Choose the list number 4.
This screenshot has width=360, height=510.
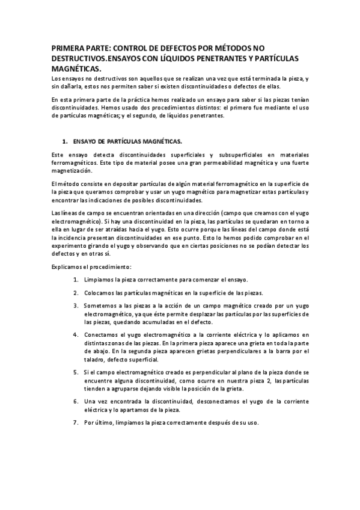[x=76, y=335]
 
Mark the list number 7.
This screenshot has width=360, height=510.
[x=76, y=422]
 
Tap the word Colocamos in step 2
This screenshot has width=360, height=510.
[x=100, y=293]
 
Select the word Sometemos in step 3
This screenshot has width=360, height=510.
[x=102, y=306]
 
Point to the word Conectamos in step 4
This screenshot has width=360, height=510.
[x=103, y=335]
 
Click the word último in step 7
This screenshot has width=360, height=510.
[x=110, y=422]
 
